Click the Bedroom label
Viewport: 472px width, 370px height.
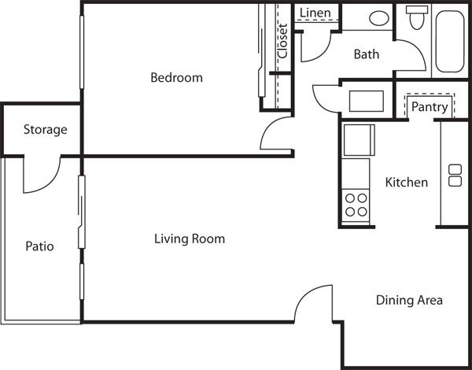[176, 77]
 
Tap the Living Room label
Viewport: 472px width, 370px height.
[190, 239]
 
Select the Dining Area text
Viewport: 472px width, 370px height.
[409, 300]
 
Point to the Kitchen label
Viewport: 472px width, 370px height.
[407, 183]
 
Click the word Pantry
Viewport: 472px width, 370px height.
[430, 107]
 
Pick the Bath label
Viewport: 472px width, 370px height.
[367, 54]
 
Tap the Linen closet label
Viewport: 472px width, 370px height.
[315, 13]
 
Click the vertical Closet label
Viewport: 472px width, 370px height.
[283, 41]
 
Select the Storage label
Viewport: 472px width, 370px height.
[46, 130]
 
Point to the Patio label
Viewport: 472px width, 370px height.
[40, 246]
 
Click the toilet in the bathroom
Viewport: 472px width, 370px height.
[417, 17]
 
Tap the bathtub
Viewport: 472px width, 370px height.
[450, 42]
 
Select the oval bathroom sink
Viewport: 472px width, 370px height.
[379, 18]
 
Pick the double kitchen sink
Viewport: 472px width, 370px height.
[455, 176]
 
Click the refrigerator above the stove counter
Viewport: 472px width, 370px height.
[360, 140]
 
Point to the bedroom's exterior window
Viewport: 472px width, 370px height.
[82, 53]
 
